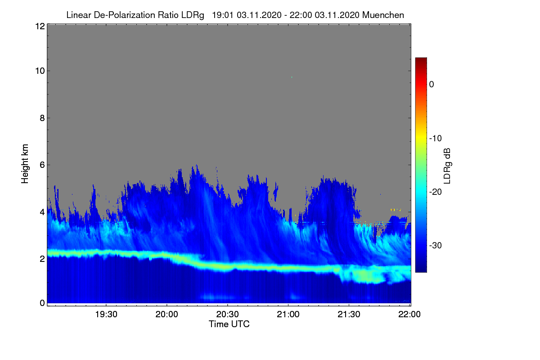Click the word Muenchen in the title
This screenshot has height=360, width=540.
pyautogui.click(x=383, y=15)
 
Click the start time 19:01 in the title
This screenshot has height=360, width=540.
pyautogui.click(x=223, y=15)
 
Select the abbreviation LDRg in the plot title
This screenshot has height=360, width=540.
pyautogui.click(x=193, y=15)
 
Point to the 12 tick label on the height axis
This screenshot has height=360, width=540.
pyautogui.click(x=40, y=26)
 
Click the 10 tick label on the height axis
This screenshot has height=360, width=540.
pyautogui.click(x=40, y=71)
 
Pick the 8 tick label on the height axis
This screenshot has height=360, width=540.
pyautogui.click(x=42, y=118)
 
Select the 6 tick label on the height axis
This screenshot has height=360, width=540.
pyautogui.click(x=42, y=165)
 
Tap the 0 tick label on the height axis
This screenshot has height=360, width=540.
pyautogui.click(x=42, y=303)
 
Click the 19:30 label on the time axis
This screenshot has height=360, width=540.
pyautogui.click(x=106, y=315)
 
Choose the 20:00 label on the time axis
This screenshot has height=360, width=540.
pyautogui.click(x=167, y=315)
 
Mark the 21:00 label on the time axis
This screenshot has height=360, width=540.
pyautogui.click(x=288, y=315)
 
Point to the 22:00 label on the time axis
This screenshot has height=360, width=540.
pyautogui.click(x=409, y=315)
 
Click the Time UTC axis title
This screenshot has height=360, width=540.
pyautogui.click(x=229, y=324)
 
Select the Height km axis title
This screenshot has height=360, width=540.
pyautogui.click(x=25, y=164)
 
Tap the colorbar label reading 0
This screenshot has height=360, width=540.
pyautogui.click(x=432, y=85)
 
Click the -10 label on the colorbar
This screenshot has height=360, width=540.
pyautogui.click(x=436, y=139)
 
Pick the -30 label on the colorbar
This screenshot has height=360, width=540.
pyautogui.click(x=436, y=245)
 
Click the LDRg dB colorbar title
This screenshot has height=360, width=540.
pyautogui.click(x=447, y=166)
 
